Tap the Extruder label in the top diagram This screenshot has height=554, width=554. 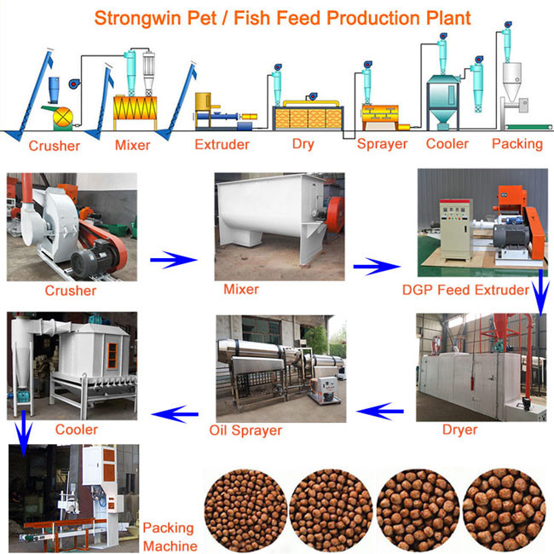(222, 144)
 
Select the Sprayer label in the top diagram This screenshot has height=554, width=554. (382, 144)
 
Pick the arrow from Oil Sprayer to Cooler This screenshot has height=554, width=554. (176, 415)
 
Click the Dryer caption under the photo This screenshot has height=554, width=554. (459, 430)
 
